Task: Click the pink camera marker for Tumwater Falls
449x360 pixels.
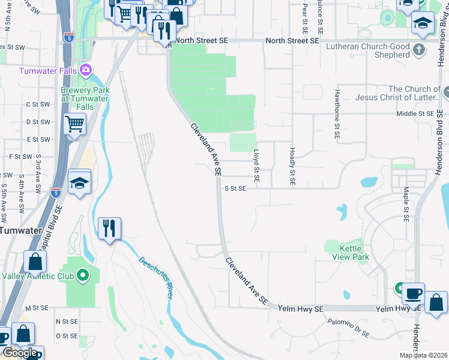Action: coord(86,70)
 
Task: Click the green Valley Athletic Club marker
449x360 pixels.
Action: coord(84,276)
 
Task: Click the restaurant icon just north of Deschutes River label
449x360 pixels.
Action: coord(109,229)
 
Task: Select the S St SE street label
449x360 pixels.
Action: coord(235,188)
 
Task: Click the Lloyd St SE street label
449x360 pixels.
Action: coord(256,166)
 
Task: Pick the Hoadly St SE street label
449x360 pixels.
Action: coord(292,166)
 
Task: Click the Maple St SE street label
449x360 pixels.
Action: coord(406,203)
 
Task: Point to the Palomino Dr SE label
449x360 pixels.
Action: coord(348,328)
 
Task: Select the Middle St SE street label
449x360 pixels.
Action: coord(415,113)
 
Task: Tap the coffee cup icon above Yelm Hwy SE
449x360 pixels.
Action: coord(413,293)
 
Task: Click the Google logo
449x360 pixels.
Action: coord(20,353)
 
